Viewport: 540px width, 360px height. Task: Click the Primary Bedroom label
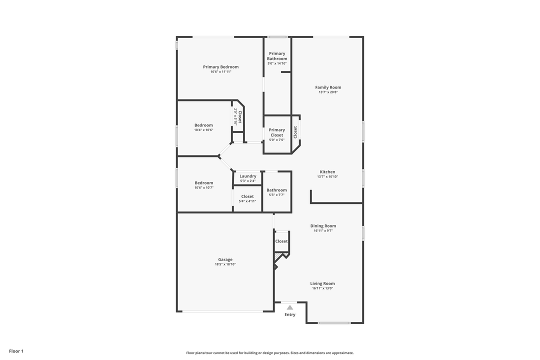pyautogui.click(x=220, y=67)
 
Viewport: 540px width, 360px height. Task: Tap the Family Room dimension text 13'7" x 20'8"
pyautogui.click(x=328, y=92)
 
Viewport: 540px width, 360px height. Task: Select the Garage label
pyautogui.click(x=225, y=259)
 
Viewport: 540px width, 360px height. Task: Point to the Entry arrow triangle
pyautogui.click(x=290, y=307)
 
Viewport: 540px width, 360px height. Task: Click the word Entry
pyautogui.click(x=290, y=314)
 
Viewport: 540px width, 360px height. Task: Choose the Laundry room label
pyautogui.click(x=248, y=176)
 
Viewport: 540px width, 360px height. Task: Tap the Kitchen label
pyautogui.click(x=327, y=172)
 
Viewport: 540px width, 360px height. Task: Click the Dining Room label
pyautogui.click(x=323, y=226)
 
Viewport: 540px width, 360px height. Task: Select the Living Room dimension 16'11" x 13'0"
pyautogui.click(x=322, y=288)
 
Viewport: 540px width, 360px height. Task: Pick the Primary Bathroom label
pyautogui.click(x=277, y=56)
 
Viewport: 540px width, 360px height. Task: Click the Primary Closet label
pyautogui.click(x=276, y=132)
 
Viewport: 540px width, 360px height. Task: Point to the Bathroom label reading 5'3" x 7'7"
pyautogui.click(x=276, y=190)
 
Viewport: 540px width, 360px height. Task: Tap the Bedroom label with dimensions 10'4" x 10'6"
pyautogui.click(x=203, y=125)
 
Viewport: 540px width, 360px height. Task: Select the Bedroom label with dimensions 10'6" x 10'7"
pyautogui.click(x=203, y=183)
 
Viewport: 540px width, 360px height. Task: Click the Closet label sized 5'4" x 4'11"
pyautogui.click(x=247, y=196)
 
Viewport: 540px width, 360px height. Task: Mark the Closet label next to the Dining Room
pyautogui.click(x=281, y=241)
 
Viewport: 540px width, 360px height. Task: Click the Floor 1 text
pyautogui.click(x=16, y=351)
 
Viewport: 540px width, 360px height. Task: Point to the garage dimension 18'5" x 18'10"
pyautogui.click(x=225, y=264)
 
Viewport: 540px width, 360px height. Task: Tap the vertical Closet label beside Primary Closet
pyautogui.click(x=295, y=131)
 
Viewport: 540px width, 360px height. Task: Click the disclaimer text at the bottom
pyautogui.click(x=270, y=353)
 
